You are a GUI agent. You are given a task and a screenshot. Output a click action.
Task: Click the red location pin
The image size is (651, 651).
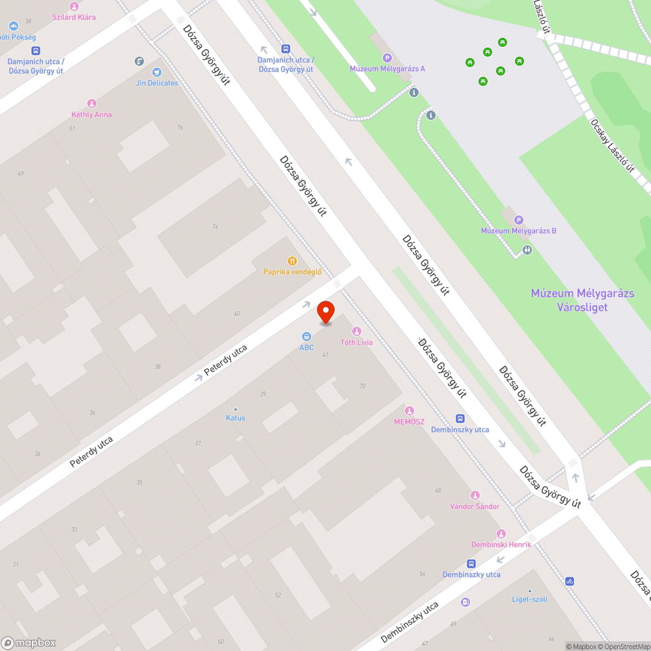[325, 312]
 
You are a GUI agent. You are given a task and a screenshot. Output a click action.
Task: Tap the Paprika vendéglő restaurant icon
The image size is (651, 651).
[292, 261]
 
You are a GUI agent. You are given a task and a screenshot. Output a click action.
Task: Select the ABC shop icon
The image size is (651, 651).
[306, 337]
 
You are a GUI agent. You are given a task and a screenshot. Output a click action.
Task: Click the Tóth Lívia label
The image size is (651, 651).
[357, 342]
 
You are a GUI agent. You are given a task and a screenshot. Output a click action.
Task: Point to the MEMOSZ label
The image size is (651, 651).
[409, 422]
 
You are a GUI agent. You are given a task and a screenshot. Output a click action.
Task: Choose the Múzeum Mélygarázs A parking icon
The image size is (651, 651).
[387, 58]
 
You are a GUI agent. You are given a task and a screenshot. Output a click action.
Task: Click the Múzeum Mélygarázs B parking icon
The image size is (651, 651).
[519, 220]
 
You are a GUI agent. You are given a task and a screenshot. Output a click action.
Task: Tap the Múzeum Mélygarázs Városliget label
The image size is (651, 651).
[582, 300]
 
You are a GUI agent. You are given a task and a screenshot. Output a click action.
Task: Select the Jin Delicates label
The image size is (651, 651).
[157, 83]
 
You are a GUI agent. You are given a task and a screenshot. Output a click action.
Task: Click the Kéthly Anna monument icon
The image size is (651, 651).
[92, 104]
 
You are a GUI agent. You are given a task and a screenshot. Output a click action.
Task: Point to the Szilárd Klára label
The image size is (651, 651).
[74, 17]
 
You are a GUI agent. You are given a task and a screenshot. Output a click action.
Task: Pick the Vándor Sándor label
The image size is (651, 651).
[475, 506]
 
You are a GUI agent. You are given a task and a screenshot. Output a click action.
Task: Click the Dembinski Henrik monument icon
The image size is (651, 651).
[501, 534]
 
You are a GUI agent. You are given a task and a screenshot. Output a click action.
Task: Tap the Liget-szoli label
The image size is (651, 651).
[529, 600]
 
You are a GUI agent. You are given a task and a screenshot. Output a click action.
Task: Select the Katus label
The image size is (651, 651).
[236, 418]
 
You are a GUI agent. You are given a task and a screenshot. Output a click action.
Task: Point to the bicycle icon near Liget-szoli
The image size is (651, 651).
[570, 581]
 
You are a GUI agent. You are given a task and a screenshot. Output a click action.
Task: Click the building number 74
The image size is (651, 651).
[215, 227]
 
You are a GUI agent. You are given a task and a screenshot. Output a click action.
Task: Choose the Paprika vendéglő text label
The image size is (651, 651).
[292, 272]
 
